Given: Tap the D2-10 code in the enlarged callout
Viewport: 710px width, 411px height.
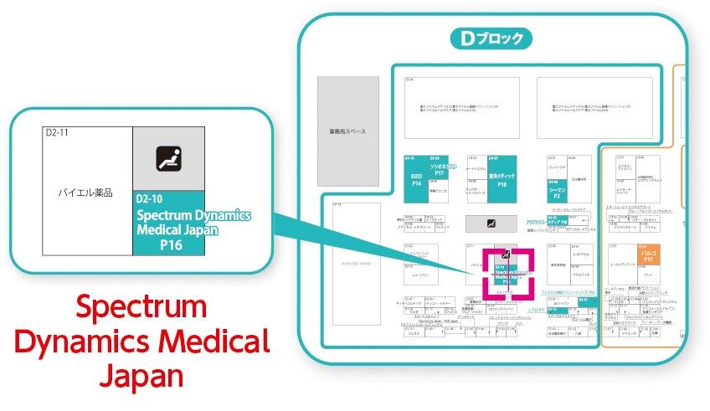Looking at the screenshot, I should (152, 199).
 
